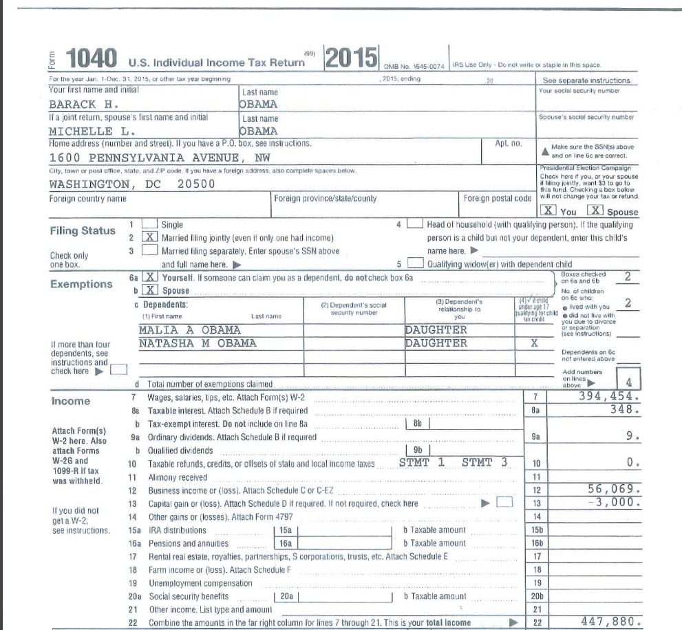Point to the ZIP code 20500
(x=195, y=184)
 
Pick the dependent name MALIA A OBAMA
(x=190, y=329)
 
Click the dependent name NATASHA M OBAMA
(x=198, y=343)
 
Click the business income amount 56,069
(x=614, y=489)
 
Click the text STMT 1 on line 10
(x=422, y=462)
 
